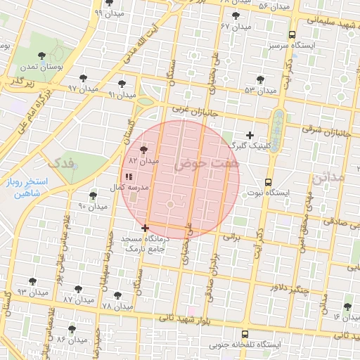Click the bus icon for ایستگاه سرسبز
tap(292, 34)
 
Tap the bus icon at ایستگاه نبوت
tap(268, 181)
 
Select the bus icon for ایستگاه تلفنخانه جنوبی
tap(244, 335)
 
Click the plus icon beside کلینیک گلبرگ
tap(250, 135)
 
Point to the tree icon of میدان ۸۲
tap(144, 150)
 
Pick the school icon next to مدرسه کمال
tap(128, 177)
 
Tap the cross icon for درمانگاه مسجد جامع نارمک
tap(146, 228)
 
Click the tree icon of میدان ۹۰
tap(93, 195)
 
